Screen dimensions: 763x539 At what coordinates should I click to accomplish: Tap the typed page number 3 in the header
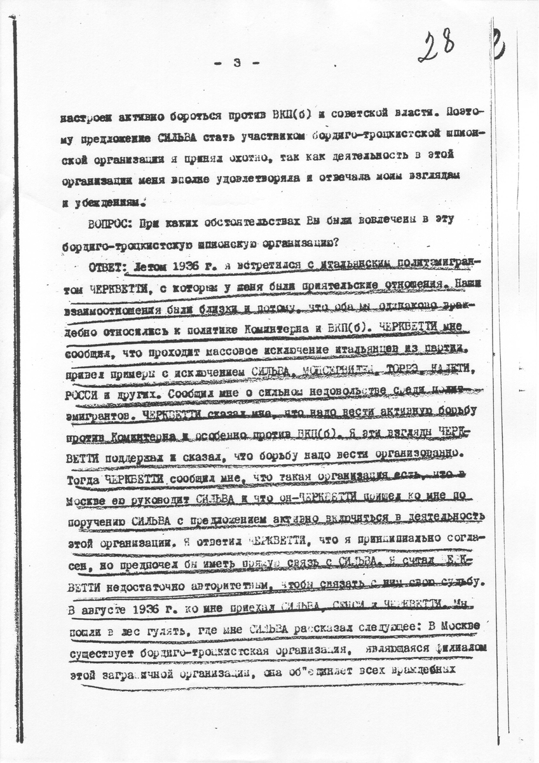[x=236, y=62]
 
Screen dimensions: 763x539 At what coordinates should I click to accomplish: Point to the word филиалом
[x=449, y=649]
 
